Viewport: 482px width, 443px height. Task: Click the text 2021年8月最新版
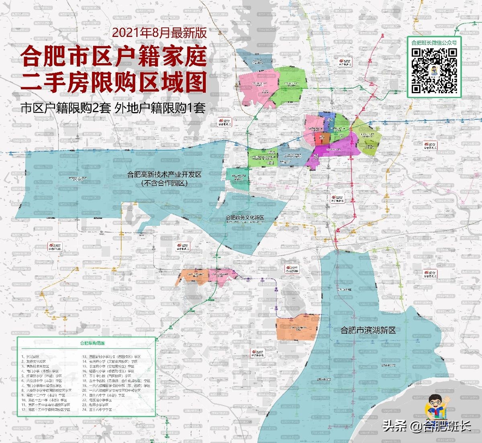click(159, 33)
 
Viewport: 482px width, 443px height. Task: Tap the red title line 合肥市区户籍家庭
click(115, 57)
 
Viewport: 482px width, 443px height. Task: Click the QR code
click(434, 70)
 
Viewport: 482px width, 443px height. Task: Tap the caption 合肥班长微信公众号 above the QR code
click(434, 42)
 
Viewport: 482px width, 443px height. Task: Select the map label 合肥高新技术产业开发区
click(164, 175)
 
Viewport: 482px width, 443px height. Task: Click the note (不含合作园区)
click(164, 184)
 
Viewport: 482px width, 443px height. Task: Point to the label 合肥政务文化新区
click(245, 217)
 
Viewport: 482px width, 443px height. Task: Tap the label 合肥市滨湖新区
click(368, 330)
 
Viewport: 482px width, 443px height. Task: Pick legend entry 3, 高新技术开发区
click(35, 366)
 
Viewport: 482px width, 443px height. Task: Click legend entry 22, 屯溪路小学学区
click(100, 400)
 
